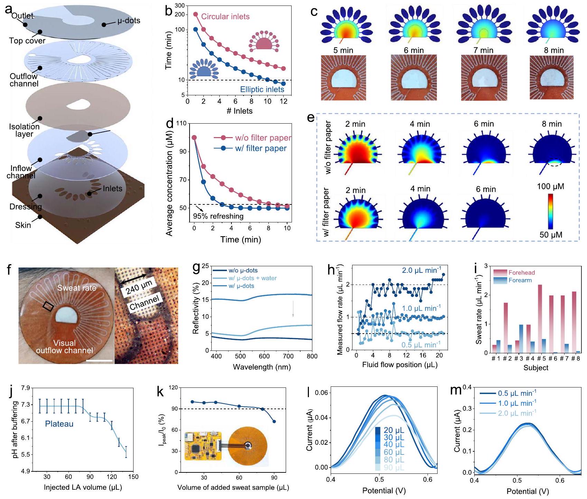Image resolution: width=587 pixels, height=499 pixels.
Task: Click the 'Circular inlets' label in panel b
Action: [x=225, y=17]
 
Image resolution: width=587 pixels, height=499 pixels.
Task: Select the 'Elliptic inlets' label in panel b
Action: [x=262, y=89]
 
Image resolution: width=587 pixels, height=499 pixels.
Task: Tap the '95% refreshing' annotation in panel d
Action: [x=218, y=217]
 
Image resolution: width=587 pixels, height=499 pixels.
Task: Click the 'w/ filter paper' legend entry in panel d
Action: [x=261, y=148]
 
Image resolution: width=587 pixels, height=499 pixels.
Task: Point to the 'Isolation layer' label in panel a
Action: [x=24, y=130]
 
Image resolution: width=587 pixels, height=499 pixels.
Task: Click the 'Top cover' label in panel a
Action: [x=27, y=41]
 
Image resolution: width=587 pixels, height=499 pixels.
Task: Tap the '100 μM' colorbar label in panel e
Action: [x=550, y=187]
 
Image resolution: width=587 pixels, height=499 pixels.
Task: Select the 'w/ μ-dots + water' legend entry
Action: [x=252, y=278]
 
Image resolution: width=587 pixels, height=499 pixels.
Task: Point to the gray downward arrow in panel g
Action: [x=293, y=308]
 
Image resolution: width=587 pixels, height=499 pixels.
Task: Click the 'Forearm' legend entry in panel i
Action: [x=520, y=280]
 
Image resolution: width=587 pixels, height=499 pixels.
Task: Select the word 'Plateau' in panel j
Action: [x=59, y=424]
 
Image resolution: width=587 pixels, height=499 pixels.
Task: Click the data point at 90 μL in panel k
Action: [x=274, y=421]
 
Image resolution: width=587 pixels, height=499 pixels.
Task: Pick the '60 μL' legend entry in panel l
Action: [x=394, y=452]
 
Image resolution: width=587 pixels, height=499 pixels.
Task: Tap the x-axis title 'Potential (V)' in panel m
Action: [x=528, y=491]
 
